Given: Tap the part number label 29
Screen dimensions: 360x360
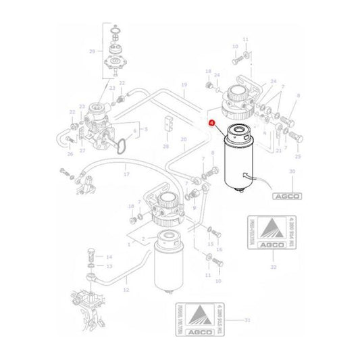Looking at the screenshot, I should coord(92,51).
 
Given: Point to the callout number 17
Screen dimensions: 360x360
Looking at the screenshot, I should coord(126,174).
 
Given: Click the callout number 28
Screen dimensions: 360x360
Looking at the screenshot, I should coord(165,146).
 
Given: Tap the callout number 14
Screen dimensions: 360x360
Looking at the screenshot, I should coord(109,257).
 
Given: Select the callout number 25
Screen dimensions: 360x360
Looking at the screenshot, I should coord(299,156).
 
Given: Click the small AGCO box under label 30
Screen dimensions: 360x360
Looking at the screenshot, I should coord(287,196).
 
